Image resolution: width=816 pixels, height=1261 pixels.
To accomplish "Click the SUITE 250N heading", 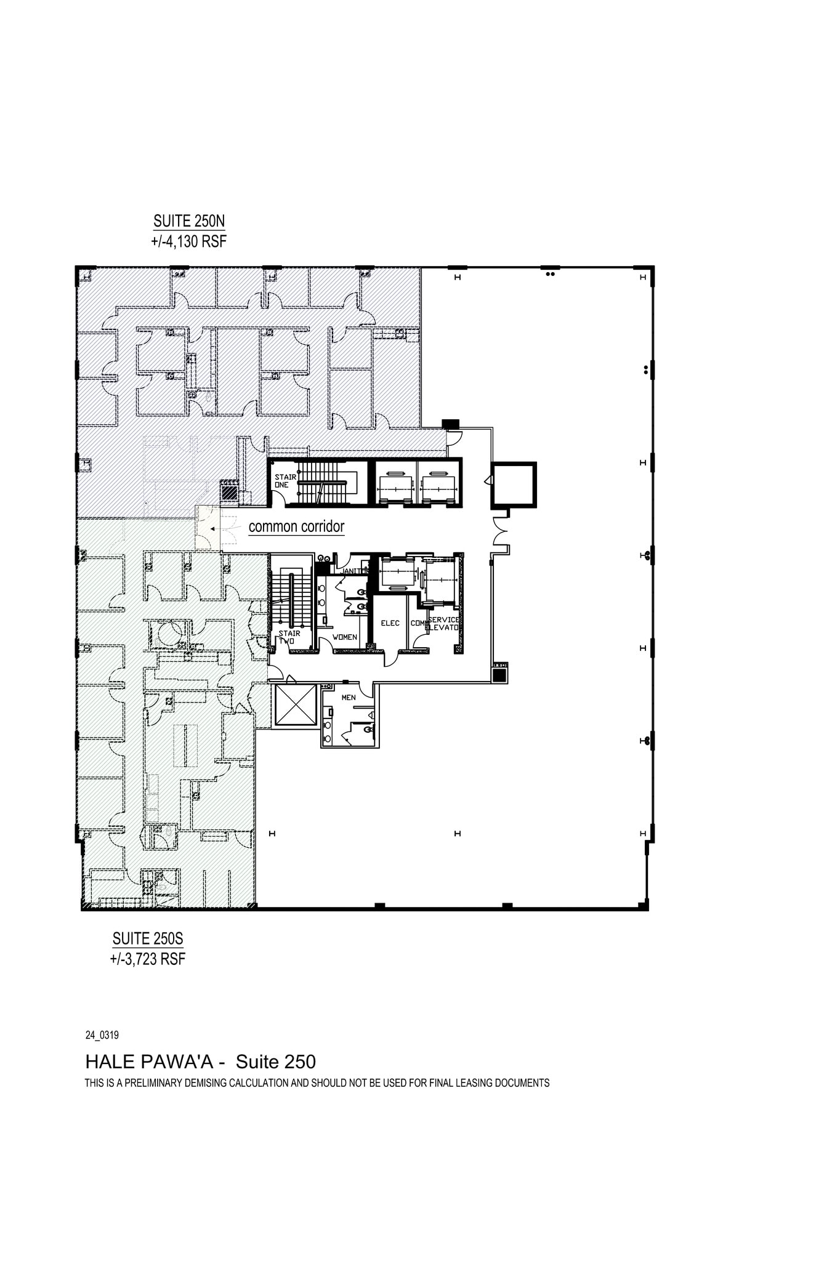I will pos(189,221).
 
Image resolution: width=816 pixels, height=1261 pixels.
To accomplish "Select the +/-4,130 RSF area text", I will pos(189,241).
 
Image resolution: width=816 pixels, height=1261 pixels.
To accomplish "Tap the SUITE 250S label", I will pos(148,938).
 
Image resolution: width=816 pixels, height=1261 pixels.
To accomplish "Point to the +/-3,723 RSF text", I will pos(148,959).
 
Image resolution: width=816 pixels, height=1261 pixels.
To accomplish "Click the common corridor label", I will pos(296,526).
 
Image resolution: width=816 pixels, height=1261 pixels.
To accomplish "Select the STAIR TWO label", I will pos(288,637).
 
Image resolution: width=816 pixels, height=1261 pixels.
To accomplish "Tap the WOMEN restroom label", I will pos(344,637).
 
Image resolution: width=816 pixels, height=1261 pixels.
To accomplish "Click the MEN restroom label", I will pos(349,698).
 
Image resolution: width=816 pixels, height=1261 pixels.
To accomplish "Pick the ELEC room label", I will pos(390,623).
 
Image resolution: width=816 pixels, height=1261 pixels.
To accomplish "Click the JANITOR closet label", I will pos(353,571).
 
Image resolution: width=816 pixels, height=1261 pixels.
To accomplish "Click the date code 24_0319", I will pos(102,1035).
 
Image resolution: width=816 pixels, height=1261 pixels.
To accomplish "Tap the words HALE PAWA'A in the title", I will pos(151,1062).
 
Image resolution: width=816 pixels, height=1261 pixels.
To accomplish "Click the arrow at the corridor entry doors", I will pos(212,528).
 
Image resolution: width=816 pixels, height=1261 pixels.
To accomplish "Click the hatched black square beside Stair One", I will pos(229,493).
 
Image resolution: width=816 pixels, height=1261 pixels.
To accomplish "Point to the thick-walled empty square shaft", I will pos(514,485).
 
